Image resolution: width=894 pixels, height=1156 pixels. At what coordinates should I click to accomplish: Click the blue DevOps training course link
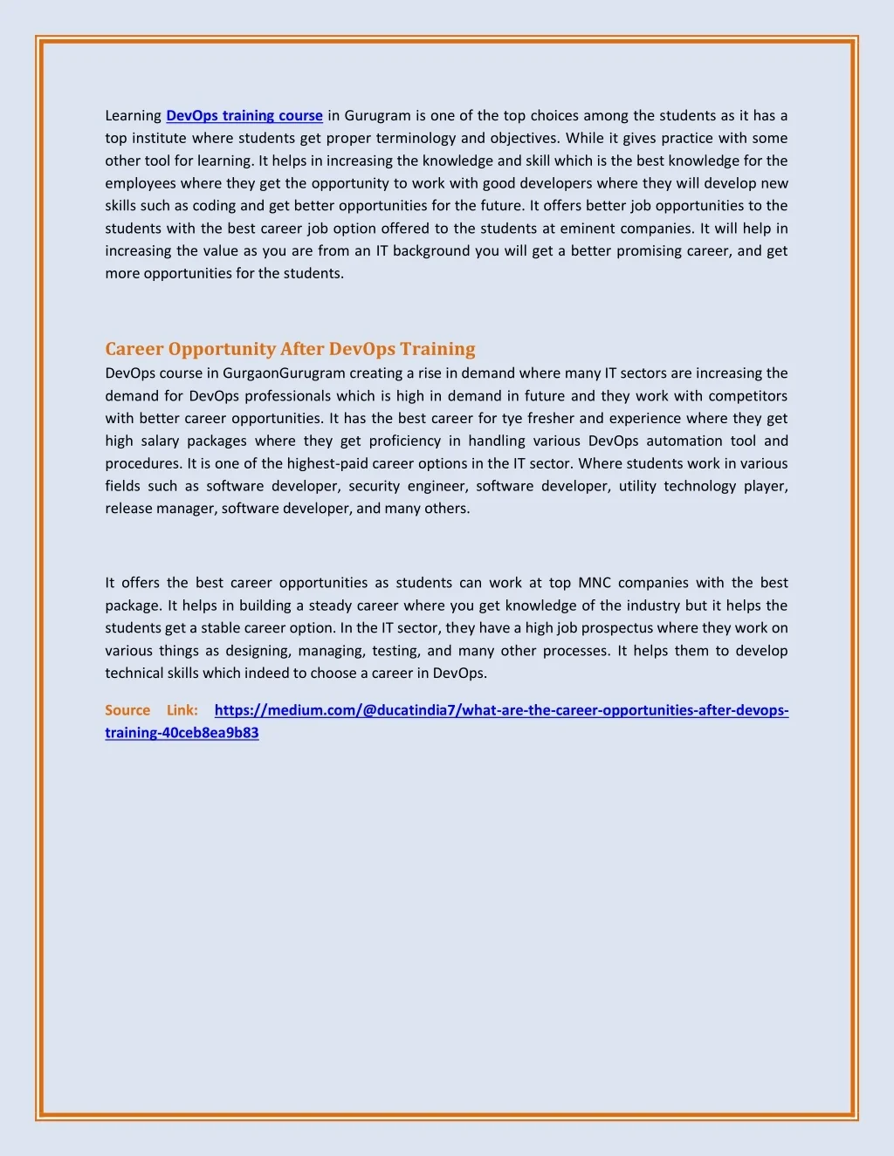point(244,116)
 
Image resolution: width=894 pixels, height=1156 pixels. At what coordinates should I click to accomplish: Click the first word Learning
point(134,116)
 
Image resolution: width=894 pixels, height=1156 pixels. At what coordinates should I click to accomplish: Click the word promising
point(651,251)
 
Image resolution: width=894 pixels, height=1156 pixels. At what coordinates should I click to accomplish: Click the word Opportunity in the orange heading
point(222,349)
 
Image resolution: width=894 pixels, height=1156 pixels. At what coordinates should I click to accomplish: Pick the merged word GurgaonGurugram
point(284,373)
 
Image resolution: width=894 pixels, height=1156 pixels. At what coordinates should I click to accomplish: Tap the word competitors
point(747,396)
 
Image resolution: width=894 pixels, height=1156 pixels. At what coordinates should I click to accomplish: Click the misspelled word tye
point(512,419)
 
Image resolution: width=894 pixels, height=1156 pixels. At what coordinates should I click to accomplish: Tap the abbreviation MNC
point(595,583)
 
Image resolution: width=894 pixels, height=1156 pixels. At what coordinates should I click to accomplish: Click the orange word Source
point(127,710)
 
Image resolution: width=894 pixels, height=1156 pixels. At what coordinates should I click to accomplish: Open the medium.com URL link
point(501,710)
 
